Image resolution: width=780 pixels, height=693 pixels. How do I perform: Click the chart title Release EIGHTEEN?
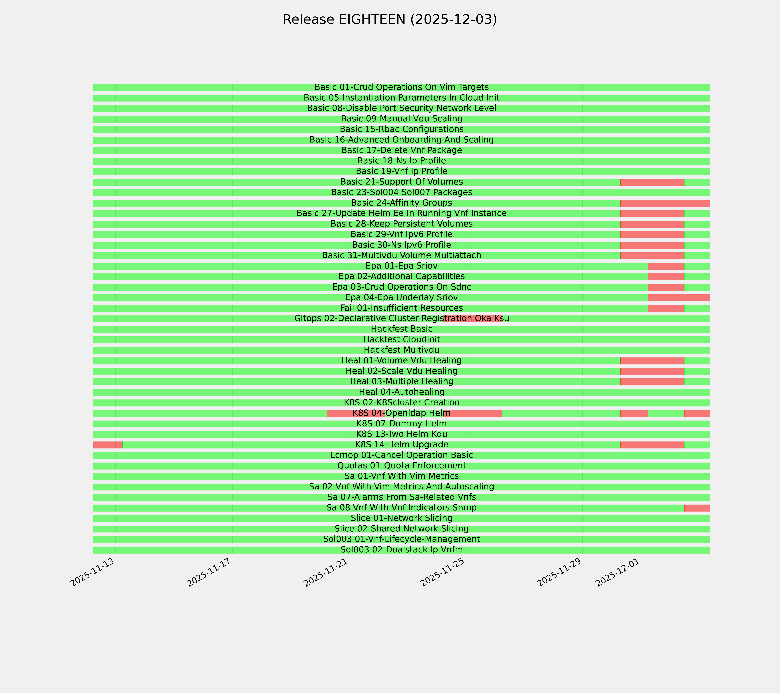[x=390, y=19]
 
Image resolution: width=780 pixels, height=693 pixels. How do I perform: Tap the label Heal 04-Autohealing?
[x=401, y=392]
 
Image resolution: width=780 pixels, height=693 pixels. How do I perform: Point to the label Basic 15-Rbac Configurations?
[x=401, y=129]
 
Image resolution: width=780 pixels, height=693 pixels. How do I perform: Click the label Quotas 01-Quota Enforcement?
[x=401, y=466]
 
